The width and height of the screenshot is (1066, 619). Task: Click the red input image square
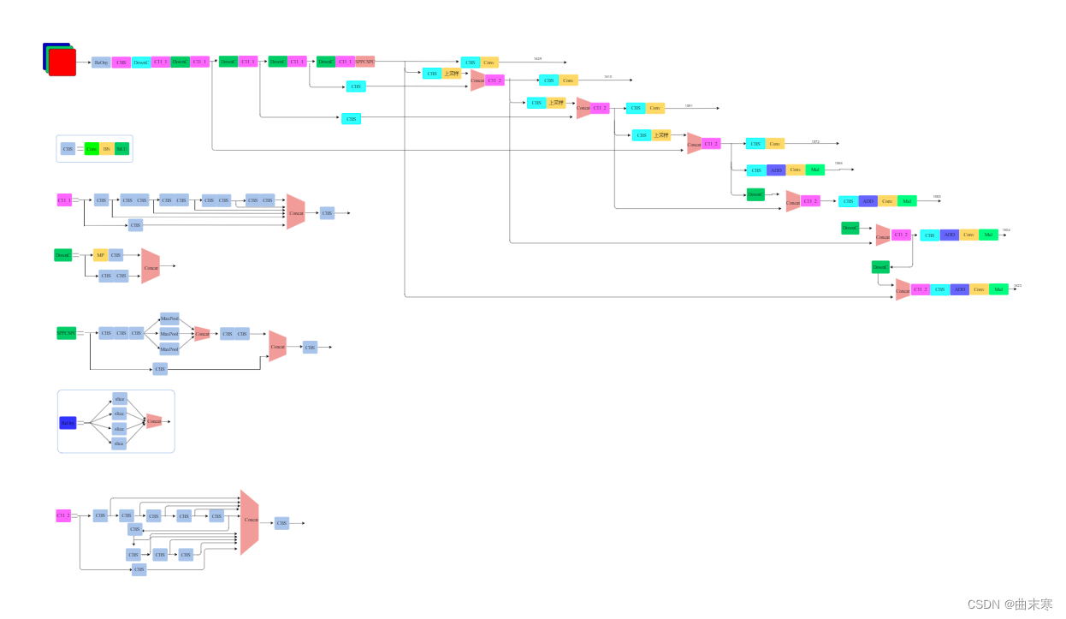tap(62, 62)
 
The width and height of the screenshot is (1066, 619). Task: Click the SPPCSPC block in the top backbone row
tap(365, 62)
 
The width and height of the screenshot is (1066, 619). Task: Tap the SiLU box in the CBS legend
tap(121, 149)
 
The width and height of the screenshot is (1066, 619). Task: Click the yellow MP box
tap(100, 255)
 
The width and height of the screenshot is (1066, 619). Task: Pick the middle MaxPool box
tap(169, 334)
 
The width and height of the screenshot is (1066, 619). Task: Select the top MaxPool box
tap(169, 318)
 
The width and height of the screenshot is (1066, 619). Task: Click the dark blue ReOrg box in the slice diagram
tap(68, 422)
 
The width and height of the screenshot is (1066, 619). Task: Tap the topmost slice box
tap(120, 399)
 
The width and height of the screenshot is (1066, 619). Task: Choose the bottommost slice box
tap(120, 443)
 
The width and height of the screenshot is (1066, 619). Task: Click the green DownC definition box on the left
tap(63, 255)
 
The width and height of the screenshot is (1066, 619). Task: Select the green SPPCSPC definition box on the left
tap(67, 333)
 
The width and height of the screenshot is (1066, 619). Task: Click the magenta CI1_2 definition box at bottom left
tap(63, 515)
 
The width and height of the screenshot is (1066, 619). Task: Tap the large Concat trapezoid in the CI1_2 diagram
tap(249, 521)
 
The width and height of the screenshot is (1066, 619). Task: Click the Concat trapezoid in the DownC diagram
tap(151, 267)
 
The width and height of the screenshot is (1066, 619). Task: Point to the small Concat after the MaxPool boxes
tap(202, 334)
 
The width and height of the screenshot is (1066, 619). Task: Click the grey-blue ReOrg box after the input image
tap(101, 62)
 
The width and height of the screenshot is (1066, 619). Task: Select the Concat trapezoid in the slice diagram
tap(154, 421)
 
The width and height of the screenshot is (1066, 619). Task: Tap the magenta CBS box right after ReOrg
tap(121, 62)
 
